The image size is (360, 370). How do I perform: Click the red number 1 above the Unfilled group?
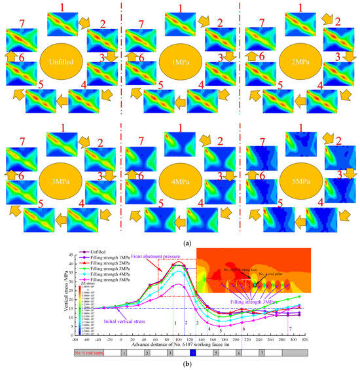click(x=63, y=7)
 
